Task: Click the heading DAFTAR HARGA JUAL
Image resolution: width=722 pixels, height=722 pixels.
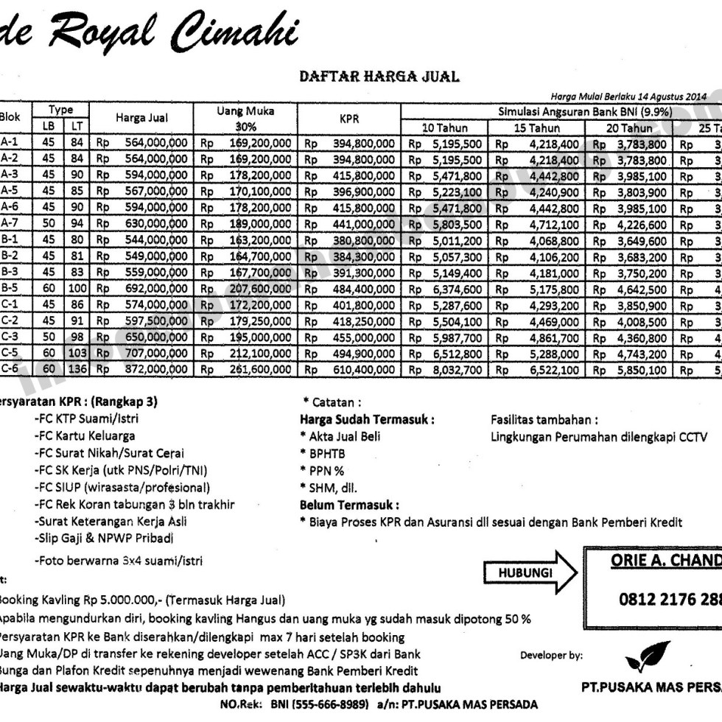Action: (379, 76)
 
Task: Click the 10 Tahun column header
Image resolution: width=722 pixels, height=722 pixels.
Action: (446, 128)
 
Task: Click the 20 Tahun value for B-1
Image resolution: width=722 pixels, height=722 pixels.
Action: (632, 240)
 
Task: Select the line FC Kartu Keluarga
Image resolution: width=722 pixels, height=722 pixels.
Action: (85, 435)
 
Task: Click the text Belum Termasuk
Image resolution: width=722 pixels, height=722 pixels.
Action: (349, 505)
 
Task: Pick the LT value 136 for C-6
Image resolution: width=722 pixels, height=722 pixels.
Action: (77, 370)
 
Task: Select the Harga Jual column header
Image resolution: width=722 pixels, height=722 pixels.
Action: (141, 118)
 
